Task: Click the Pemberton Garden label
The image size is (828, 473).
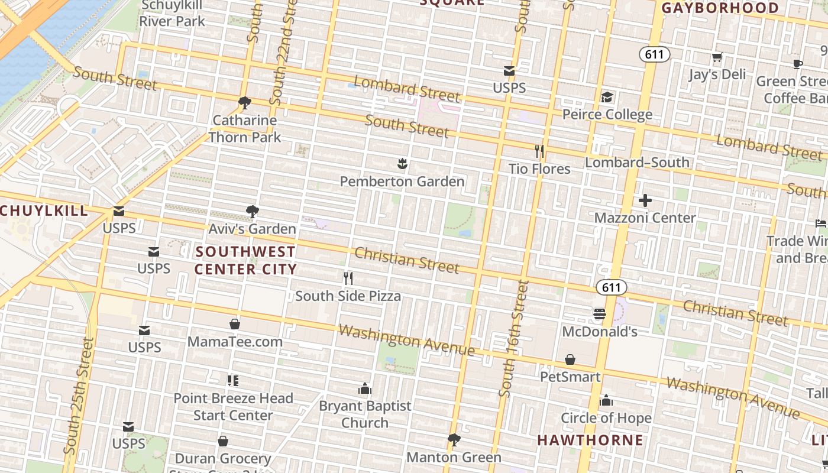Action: (402, 182)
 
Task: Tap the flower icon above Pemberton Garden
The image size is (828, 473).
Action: (402, 164)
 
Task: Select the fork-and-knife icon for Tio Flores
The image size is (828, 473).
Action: (539, 151)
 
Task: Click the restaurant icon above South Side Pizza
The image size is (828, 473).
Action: (348, 278)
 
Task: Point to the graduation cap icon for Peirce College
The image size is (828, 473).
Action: (607, 97)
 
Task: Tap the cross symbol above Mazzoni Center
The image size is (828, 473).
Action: (645, 200)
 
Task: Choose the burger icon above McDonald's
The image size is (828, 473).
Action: (600, 314)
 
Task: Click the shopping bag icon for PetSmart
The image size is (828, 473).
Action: (570, 359)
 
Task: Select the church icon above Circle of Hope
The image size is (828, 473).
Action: (606, 401)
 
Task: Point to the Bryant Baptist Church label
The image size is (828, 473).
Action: (365, 414)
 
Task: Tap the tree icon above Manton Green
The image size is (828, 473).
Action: (454, 440)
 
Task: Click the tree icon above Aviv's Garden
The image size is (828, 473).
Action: (252, 211)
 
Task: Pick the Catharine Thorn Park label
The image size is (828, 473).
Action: (245, 129)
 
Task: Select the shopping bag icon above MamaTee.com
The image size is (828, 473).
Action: (235, 324)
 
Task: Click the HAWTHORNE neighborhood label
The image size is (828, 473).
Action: (590, 440)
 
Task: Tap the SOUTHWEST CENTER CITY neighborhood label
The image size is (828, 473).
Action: (245, 260)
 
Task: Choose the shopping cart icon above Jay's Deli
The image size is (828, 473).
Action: (717, 57)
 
